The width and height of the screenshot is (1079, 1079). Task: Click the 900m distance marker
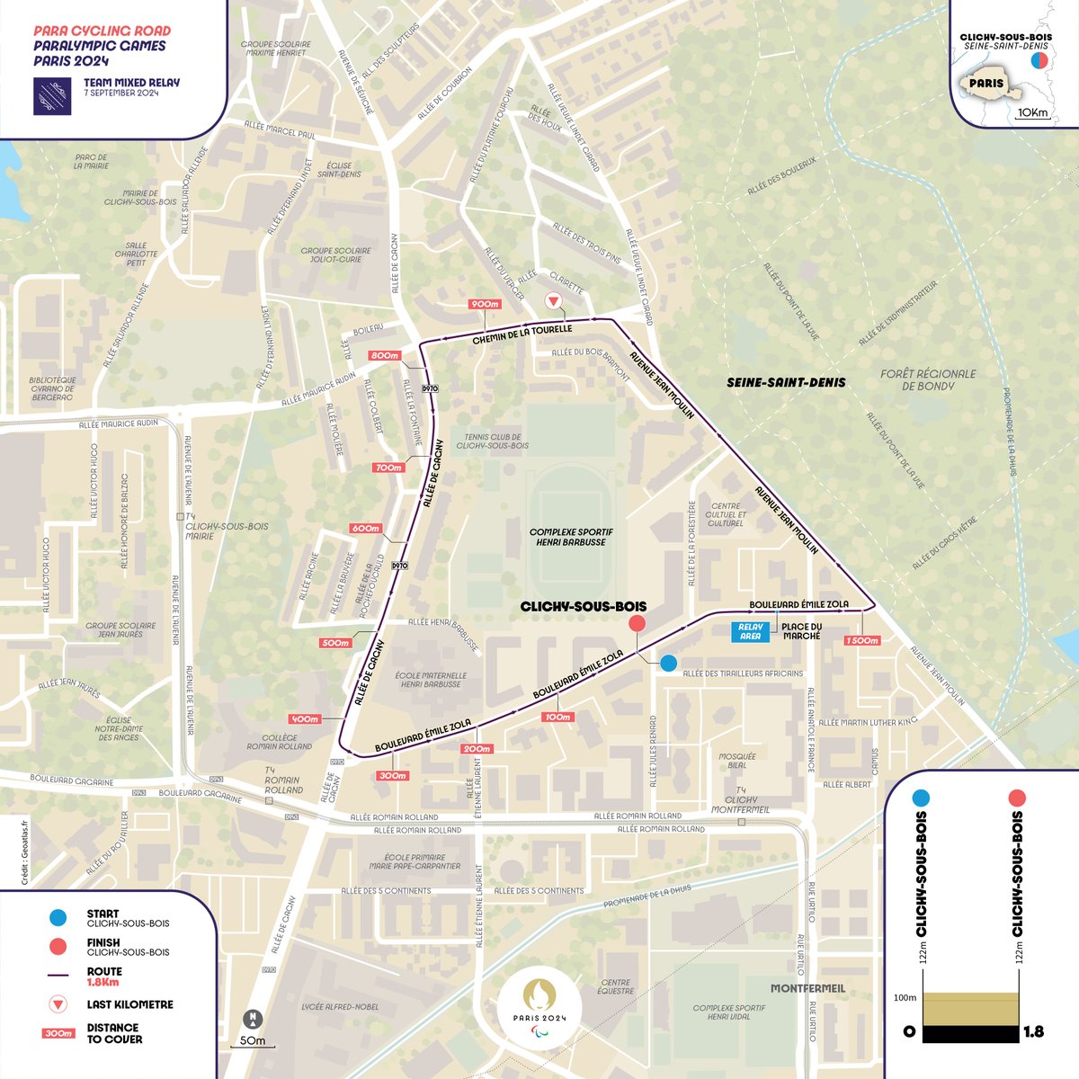click(x=485, y=304)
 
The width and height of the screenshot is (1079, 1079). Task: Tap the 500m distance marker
click(x=334, y=643)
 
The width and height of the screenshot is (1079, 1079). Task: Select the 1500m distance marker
click(x=861, y=640)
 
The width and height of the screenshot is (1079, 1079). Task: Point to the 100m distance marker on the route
click(x=557, y=718)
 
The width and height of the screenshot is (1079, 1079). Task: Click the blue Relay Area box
click(x=750, y=631)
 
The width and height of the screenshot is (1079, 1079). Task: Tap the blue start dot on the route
click(x=668, y=663)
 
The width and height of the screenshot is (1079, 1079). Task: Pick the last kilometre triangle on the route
click(x=555, y=301)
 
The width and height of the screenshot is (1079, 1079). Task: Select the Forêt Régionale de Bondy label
click(x=928, y=379)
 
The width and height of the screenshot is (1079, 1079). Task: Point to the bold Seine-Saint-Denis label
click(x=786, y=382)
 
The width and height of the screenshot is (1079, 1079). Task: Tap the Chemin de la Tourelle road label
click(x=522, y=335)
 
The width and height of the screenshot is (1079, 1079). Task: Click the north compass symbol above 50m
click(x=254, y=1020)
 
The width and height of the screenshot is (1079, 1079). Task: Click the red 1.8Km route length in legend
click(x=103, y=984)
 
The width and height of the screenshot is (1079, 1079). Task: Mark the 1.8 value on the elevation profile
click(x=1033, y=1031)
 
